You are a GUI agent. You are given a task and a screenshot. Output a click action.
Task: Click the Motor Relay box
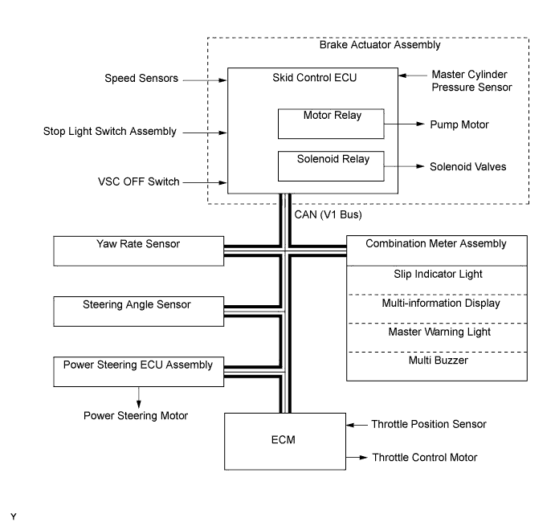(x=330, y=124)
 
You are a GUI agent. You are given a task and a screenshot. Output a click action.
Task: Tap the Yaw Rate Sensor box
(x=138, y=251)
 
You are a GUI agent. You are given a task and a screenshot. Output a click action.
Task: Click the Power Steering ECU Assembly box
(x=138, y=371)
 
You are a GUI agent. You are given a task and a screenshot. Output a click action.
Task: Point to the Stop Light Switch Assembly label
(x=109, y=131)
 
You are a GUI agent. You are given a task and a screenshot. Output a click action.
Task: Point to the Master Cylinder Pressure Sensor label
(x=471, y=80)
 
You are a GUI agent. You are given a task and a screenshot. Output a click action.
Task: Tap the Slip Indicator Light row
(x=437, y=275)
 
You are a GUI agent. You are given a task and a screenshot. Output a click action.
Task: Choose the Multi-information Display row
(x=437, y=304)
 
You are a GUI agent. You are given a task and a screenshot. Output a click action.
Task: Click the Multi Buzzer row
(x=437, y=361)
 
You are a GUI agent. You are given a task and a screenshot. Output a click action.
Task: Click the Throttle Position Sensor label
(x=429, y=424)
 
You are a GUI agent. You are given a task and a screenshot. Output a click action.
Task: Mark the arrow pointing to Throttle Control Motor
(x=355, y=458)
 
